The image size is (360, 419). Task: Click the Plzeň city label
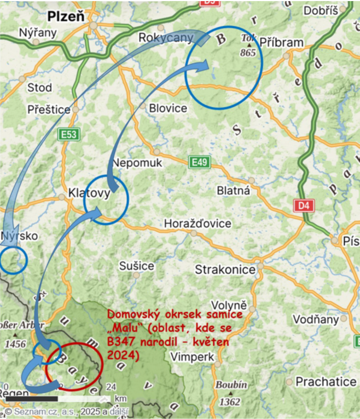point(66,16)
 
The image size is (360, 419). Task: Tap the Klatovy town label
point(90,193)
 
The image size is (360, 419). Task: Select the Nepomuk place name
point(137,163)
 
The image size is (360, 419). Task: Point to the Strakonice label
point(225,270)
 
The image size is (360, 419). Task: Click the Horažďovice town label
point(198,224)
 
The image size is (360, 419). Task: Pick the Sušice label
point(137,266)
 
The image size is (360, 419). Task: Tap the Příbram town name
point(281,43)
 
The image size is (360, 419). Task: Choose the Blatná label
point(233,191)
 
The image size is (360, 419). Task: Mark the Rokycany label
point(166,38)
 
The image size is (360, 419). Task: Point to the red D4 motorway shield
point(304,205)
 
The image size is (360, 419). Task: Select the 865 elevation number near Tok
point(248,53)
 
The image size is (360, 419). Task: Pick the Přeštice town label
point(49,110)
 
